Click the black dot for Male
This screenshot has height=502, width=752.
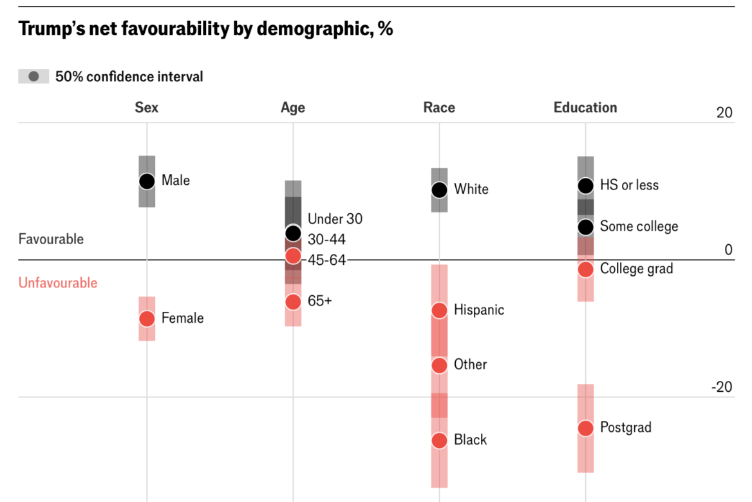[x=147, y=181]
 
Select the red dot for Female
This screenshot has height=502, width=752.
[x=147, y=318]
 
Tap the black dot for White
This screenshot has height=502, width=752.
[x=439, y=189]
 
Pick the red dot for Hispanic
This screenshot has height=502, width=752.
[x=439, y=311]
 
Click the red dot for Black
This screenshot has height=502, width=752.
[x=439, y=440]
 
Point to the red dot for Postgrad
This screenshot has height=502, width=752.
[x=585, y=428]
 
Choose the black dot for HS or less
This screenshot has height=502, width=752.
[x=585, y=186]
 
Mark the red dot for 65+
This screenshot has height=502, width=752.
[x=293, y=302]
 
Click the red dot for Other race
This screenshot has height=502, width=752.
[x=439, y=365]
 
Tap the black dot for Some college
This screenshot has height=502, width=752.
[x=585, y=227]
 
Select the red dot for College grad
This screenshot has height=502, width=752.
[x=585, y=269]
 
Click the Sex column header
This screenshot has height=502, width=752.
[x=147, y=108]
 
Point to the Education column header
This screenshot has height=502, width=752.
[x=585, y=108]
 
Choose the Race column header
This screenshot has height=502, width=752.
[x=439, y=108]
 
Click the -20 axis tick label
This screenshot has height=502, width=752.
[x=722, y=387]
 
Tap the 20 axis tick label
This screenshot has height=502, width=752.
[x=724, y=113]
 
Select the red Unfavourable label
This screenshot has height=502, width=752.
[x=58, y=283]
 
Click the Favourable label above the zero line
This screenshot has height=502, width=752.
[x=51, y=239]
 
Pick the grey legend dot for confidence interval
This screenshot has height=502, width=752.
[x=34, y=77]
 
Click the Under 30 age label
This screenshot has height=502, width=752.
[x=335, y=219]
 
